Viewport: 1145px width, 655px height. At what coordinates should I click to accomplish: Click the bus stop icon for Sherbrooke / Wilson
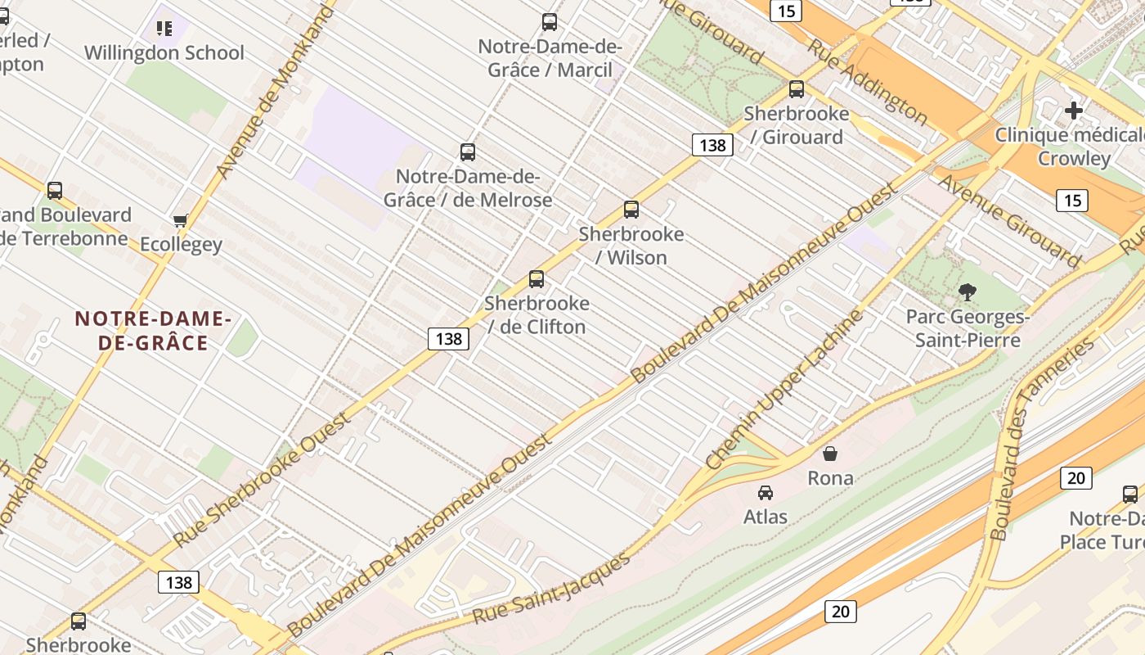(x=631, y=209)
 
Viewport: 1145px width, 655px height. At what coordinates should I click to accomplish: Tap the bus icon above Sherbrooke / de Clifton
(x=537, y=278)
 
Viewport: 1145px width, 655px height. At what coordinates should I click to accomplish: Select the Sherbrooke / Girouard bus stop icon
(x=796, y=89)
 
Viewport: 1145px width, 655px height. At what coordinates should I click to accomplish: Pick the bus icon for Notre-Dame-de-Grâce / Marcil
(x=550, y=22)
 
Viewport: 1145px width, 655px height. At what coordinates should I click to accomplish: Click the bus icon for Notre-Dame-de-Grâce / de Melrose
(x=468, y=151)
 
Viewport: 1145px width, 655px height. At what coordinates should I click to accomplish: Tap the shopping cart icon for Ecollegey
(x=180, y=220)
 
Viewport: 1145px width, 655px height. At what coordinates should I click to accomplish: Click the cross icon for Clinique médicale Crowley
(x=1073, y=110)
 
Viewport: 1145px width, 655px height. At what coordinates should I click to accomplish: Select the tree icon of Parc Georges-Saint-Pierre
(x=967, y=291)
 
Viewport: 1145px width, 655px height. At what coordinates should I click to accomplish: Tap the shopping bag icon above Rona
(x=830, y=453)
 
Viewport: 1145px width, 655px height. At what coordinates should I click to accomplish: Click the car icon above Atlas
(x=766, y=492)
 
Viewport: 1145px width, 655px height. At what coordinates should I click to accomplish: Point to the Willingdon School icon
(x=164, y=29)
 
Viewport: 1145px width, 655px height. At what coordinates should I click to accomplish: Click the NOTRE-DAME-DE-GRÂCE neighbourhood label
(x=154, y=330)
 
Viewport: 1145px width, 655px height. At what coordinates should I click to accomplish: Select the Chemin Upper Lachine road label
(x=784, y=389)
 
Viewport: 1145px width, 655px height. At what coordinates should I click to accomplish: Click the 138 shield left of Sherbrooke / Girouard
(x=712, y=145)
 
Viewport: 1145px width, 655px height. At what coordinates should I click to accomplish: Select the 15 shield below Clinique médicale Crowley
(x=1071, y=200)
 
